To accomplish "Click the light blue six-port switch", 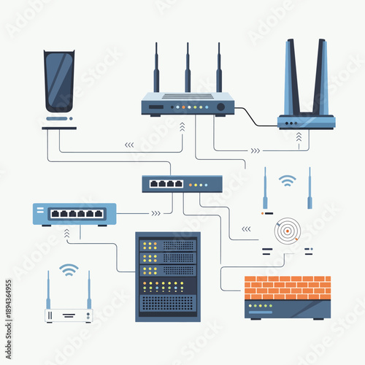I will tap(74, 213).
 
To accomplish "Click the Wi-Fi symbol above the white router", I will tap(69, 270).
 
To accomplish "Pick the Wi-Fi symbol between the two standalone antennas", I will tap(288, 180).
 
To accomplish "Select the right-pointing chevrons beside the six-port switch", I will tap(155, 214).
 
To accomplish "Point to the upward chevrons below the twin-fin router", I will tap(298, 137).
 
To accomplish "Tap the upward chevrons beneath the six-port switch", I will tap(66, 234).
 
